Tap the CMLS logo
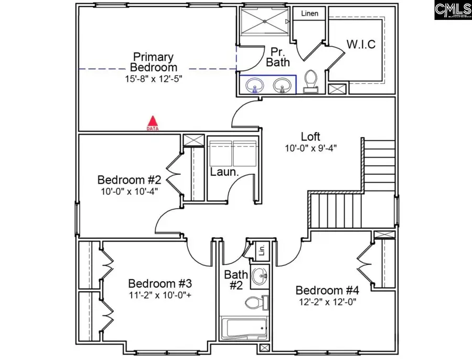[453, 10]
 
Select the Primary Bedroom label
[153, 62]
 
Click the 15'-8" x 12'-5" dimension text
[153, 79]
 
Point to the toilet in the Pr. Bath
[310, 81]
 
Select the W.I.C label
[361, 44]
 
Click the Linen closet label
[309, 14]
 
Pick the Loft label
[310, 137]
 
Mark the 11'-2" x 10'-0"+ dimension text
[159, 295]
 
